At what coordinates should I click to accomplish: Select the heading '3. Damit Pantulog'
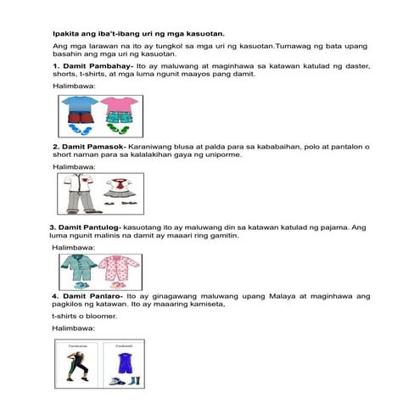[x=85, y=227]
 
